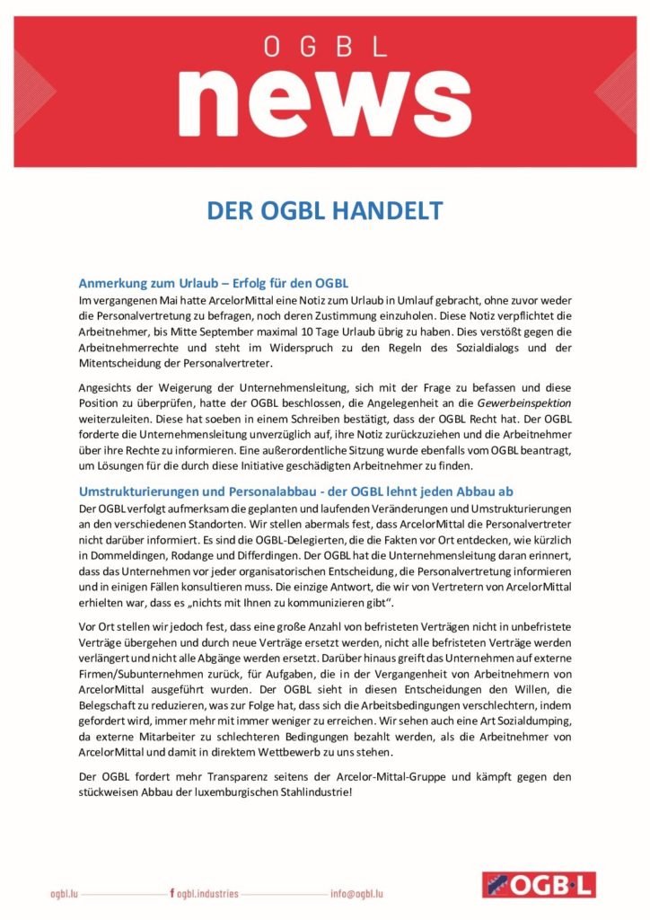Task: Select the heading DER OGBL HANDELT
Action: coord(324,211)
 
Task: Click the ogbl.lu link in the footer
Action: coord(64,893)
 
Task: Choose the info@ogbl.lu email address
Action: coord(356,893)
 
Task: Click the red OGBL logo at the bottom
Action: coord(538,885)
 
